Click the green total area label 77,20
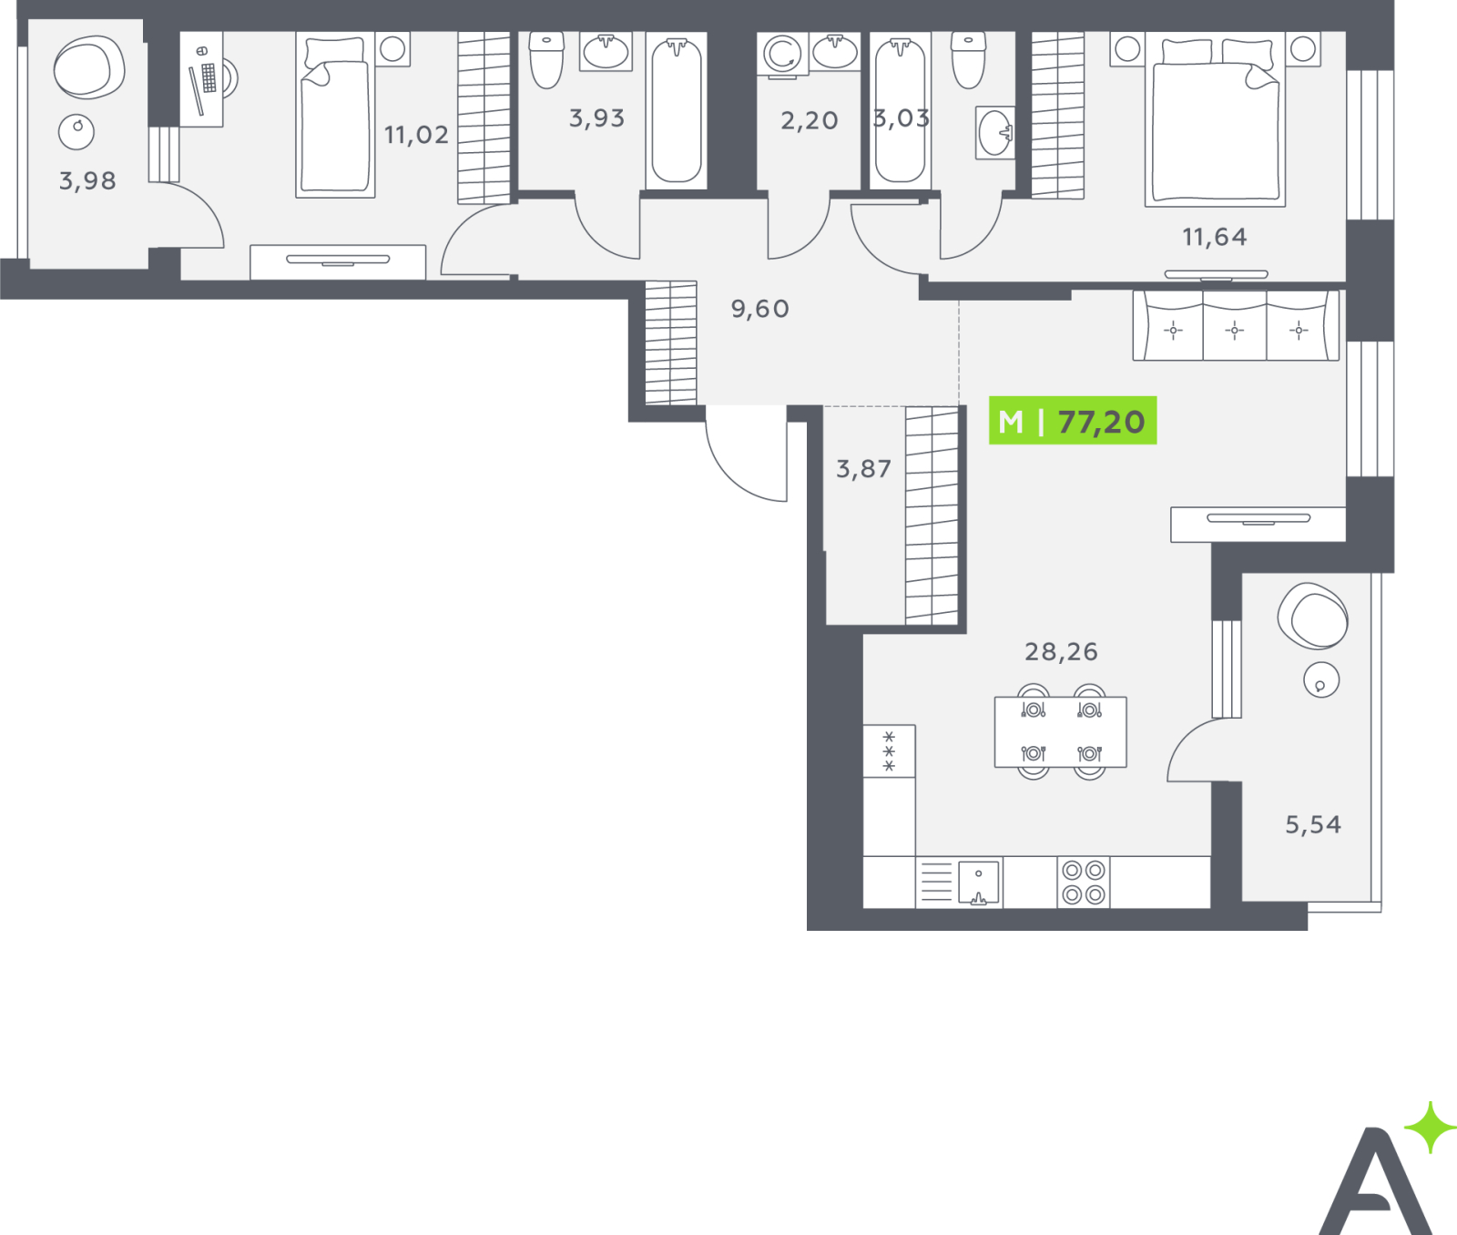click(1101, 422)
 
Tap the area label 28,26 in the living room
click(1061, 651)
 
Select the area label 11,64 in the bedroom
click(1214, 237)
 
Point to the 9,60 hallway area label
click(759, 309)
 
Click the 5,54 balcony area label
click(1313, 824)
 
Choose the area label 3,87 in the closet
click(863, 469)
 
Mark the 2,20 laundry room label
click(809, 120)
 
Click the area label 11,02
click(416, 135)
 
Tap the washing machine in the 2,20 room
click(782, 54)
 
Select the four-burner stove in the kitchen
click(1084, 883)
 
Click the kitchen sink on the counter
click(979, 883)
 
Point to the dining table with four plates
click(1061, 732)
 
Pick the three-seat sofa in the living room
click(1236, 326)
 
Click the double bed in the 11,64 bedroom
click(1216, 119)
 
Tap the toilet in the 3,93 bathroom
click(546, 60)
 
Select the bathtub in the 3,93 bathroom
click(677, 111)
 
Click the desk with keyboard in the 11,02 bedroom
click(201, 79)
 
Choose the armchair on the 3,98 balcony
click(88, 68)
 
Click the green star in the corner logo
click(1431, 1128)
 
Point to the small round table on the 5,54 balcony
click(1321, 679)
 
